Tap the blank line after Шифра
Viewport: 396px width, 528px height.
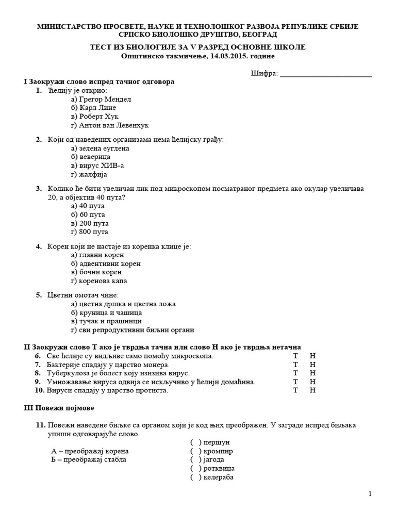click(x=325, y=74)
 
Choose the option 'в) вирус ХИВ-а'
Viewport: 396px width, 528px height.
click(x=97, y=166)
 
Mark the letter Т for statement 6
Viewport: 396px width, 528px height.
click(x=295, y=356)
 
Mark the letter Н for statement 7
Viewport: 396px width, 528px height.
click(x=312, y=365)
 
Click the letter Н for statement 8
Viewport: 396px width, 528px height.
click(x=312, y=373)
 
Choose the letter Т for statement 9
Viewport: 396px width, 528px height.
click(x=295, y=382)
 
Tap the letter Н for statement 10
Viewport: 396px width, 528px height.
click(x=312, y=390)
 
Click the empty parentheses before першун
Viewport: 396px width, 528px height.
click(x=195, y=442)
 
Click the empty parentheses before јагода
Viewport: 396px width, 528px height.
click(x=195, y=459)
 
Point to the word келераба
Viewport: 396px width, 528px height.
click(x=219, y=477)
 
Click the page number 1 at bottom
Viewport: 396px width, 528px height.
click(x=370, y=494)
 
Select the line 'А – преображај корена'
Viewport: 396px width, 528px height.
click(x=90, y=451)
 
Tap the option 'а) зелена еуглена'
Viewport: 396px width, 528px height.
click(x=100, y=148)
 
